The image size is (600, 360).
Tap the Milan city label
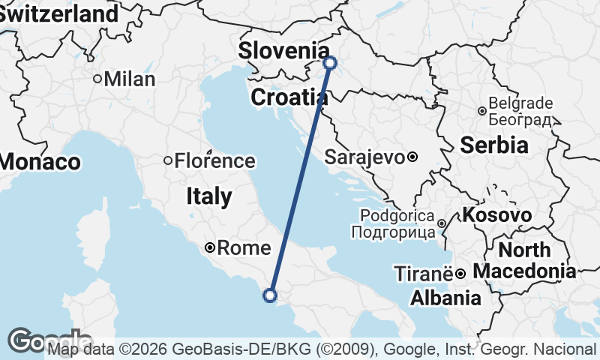(130, 79)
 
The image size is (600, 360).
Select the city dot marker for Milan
(97, 79)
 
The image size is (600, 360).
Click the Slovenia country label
(283, 51)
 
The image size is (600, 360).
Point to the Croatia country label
(289, 97)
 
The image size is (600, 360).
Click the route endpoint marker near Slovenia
(330, 63)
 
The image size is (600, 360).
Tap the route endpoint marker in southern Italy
(270, 295)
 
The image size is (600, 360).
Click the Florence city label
(214, 160)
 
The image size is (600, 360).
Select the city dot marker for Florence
(168, 160)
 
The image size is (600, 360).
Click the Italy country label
(208, 196)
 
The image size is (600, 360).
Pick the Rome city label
(238, 247)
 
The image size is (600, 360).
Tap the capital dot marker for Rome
(211, 247)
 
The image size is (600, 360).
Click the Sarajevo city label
(364, 157)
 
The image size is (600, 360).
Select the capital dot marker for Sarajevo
(412, 157)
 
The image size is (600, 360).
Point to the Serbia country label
(494, 145)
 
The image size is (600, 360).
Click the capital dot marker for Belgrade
(481, 111)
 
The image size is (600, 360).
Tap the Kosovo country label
(498, 215)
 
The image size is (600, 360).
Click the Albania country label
(445, 298)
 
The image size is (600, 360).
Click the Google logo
(49, 340)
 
